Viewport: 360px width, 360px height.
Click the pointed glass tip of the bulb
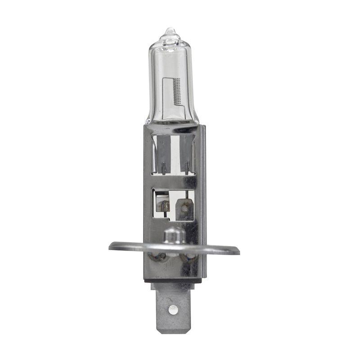[x=170, y=31]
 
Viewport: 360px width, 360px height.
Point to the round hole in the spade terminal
[x=172, y=309]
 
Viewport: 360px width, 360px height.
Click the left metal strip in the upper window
[x=162, y=153]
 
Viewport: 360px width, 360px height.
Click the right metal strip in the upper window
[x=186, y=153]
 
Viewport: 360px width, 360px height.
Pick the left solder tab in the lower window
[x=162, y=205]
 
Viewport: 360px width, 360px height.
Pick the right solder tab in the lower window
[x=184, y=208]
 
